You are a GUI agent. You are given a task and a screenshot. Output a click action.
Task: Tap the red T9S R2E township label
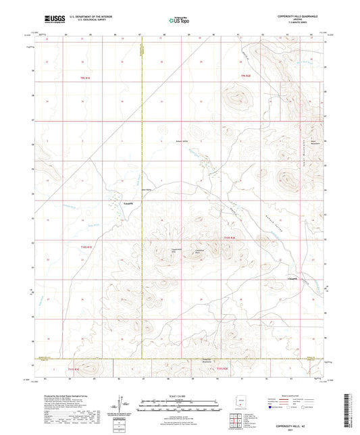[x=247, y=79]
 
